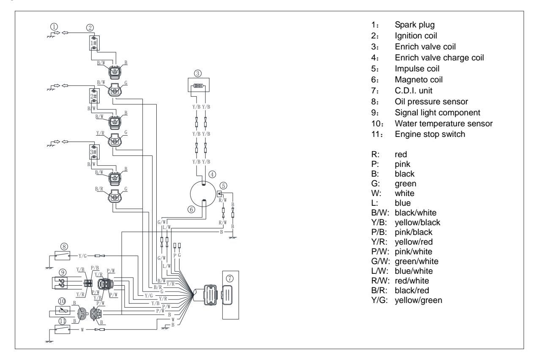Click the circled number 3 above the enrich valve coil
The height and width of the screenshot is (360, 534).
(x=198, y=74)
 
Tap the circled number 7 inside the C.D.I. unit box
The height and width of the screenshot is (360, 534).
(x=229, y=278)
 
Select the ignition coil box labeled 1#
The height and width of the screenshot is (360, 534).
(x=94, y=43)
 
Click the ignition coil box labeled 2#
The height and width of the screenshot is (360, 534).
(x=94, y=96)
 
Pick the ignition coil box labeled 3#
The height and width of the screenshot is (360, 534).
(x=94, y=152)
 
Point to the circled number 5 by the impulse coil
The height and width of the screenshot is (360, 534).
(x=223, y=186)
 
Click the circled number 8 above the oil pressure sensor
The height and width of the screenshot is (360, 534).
(x=64, y=246)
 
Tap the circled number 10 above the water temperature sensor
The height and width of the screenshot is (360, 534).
(x=62, y=301)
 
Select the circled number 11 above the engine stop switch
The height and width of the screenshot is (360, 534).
(x=62, y=321)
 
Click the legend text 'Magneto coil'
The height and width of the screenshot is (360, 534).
(x=419, y=79)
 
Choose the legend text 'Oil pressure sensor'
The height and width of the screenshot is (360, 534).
(x=431, y=101)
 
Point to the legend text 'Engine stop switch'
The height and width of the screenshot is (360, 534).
(x=430, y=134)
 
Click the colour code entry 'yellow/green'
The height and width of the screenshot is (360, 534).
(x=418, y=300)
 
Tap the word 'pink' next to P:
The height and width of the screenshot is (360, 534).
(x=403, y=164)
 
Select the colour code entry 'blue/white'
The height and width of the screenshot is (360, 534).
(x=414, y=271)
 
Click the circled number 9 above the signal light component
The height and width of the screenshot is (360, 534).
(x=62, y=273)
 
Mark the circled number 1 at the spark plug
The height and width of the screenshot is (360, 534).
(x=54, y=26)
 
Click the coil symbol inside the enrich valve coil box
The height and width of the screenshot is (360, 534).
(x=198, y=86)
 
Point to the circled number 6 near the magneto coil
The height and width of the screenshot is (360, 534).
(x=191, y=210)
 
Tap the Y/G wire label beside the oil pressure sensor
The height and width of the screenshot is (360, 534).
(x=83, y=256)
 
